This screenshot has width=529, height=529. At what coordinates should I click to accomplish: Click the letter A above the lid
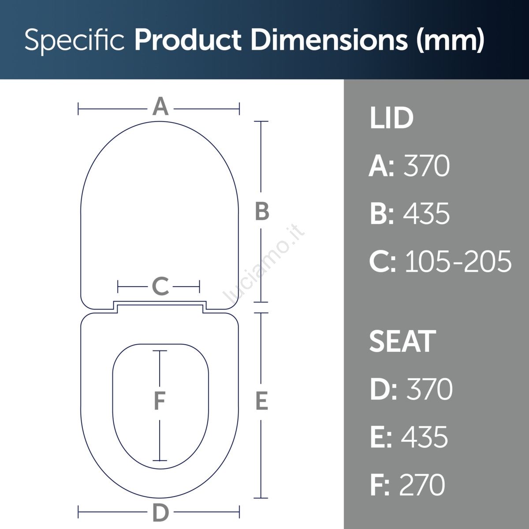pos(160,106)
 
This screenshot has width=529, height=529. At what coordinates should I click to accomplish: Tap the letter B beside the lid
pos(262,211)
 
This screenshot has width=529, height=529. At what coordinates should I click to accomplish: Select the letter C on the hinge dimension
pos(160,286)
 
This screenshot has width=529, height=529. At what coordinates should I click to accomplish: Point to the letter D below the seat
pos(160,513)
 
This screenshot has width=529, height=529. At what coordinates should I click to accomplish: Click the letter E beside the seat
pos(261,401)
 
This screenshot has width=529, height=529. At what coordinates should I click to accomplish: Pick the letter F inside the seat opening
pos(160,401)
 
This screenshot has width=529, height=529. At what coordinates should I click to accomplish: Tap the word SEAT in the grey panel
pos(403,342)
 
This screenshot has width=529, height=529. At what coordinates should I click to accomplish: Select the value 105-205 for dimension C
pos(458,261)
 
